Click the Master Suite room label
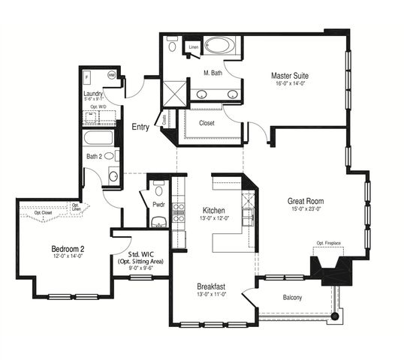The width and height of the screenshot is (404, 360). (290, 76)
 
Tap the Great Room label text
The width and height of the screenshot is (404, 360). (306, 201)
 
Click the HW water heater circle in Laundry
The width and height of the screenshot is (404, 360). (112, 75)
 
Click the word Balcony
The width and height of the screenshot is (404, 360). (293, 298)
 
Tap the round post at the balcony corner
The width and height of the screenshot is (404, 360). (335, 316)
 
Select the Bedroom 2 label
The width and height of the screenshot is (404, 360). (67, 249)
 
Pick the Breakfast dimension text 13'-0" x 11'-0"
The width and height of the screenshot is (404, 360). (214, 295)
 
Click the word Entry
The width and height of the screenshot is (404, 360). (140, 127)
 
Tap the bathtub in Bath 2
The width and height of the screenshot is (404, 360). (98, 139)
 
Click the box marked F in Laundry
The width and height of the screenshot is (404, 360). (88, 76)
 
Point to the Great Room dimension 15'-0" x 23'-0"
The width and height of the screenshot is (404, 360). (306, 210)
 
